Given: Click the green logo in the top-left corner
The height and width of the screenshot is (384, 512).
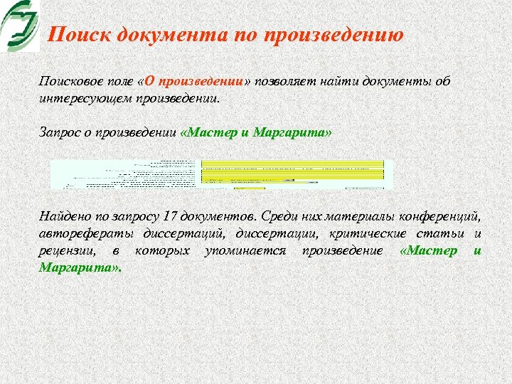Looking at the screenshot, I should click(x=20, y=25).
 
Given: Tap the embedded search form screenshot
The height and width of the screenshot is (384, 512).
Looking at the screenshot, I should click(x=221, y=174).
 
